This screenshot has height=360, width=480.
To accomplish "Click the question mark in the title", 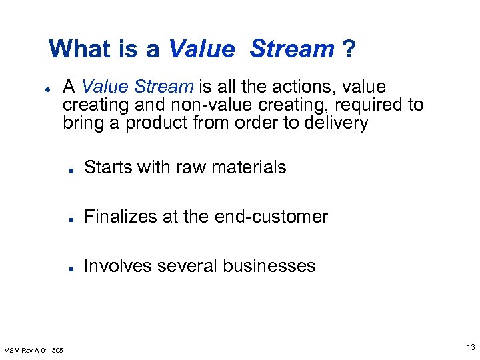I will point(349,49).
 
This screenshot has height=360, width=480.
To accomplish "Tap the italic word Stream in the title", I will point(293,49).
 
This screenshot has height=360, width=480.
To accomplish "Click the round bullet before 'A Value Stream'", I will point(49,88).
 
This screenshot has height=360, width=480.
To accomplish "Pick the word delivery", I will point(337,123).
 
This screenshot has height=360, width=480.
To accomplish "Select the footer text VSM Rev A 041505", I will point(34,350).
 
